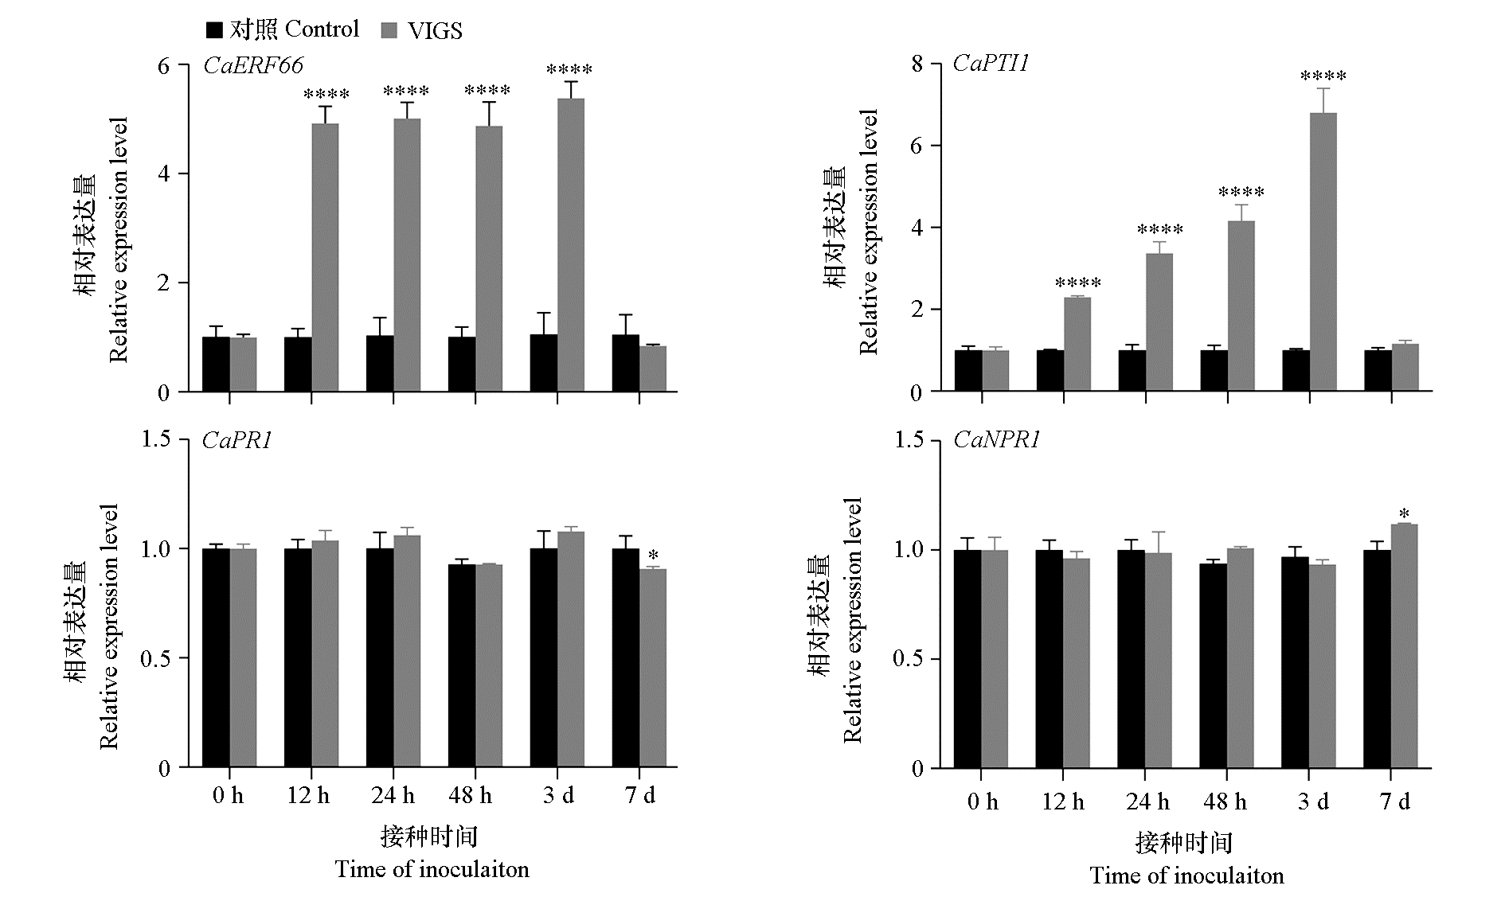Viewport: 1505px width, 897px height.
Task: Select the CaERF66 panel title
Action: [x=253, y=65]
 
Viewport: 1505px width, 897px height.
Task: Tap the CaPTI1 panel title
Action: [x=991, y=64]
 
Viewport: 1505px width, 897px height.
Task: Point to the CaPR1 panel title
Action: [x=237, y=440]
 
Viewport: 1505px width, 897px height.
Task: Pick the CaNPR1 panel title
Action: [x=996, y=440]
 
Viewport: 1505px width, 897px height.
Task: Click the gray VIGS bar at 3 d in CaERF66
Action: [x=570, y=245]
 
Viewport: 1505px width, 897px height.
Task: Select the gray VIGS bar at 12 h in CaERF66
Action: [x=325, y=258]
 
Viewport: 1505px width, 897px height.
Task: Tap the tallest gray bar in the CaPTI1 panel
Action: [x=1323, y=252]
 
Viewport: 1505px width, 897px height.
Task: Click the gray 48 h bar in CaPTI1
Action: [x=1241, y=306]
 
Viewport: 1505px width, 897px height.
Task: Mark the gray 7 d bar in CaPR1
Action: [x=652, y=669]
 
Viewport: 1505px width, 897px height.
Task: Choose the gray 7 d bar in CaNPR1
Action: [x=1405, y=646]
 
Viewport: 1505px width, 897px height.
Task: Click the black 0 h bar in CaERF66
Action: [x=216, y=365]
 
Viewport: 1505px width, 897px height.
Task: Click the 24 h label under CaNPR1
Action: [x=1147, y=801]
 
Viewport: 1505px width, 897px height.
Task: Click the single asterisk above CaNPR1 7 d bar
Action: [x=1405, y=513]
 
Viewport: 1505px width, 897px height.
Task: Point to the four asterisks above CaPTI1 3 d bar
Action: [x=1323, y=77]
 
